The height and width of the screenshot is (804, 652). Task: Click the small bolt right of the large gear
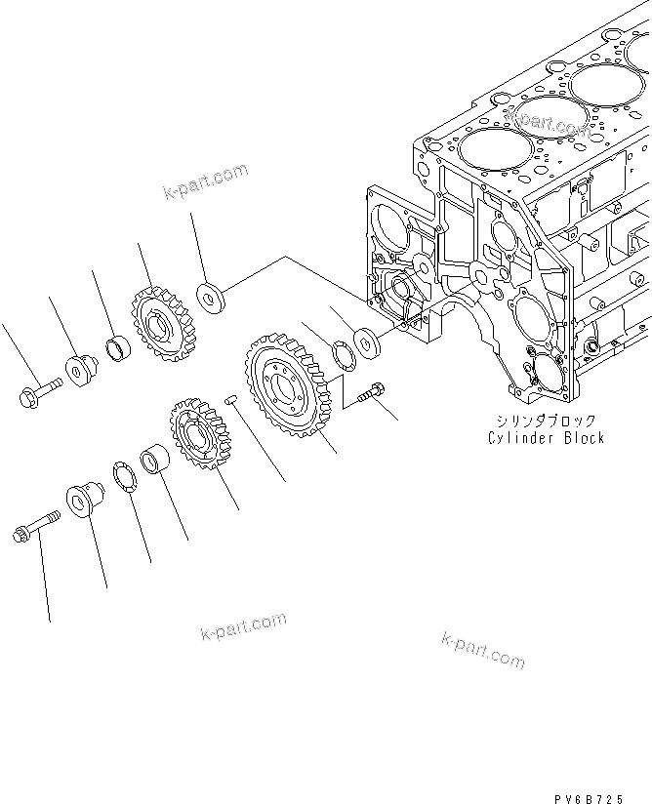tap(373, 394)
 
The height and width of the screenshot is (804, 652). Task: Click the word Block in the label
tap(583, 438)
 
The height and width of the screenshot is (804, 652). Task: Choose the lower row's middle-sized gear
tap(196, 436)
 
